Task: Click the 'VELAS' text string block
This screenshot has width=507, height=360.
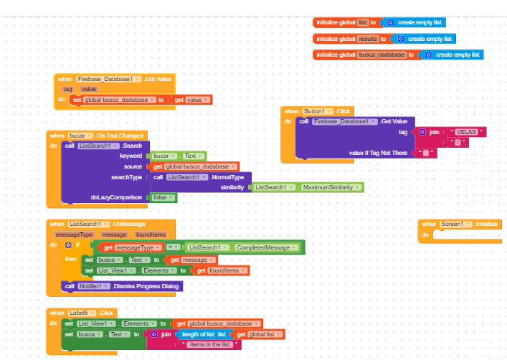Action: [465, 132]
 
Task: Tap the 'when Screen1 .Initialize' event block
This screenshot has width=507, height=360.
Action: [458, 224]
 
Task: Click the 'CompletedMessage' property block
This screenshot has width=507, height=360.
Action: [244, 247]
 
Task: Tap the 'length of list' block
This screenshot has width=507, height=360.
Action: [204, 334]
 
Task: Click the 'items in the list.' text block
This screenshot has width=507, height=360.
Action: [212, 345]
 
